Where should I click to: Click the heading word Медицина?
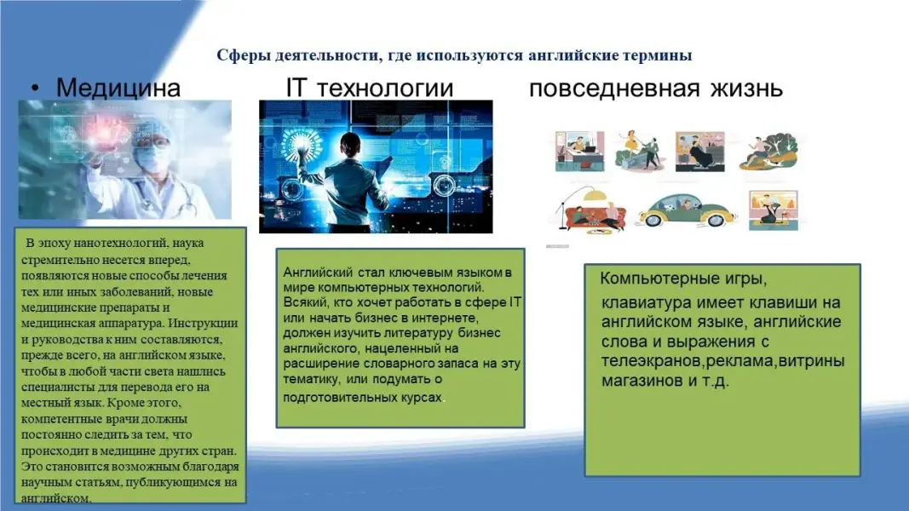tap(118, 88)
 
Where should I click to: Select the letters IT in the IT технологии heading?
tap(296, 88)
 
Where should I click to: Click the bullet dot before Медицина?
tap(36, 88)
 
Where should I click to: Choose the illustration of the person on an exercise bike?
tap(774, 210)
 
